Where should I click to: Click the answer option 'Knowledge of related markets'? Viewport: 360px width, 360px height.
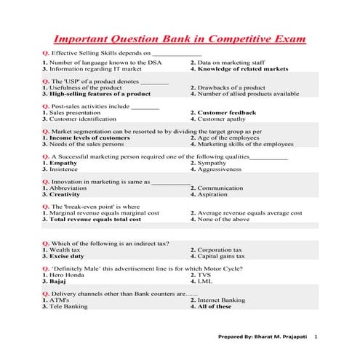click(x=244, y=70)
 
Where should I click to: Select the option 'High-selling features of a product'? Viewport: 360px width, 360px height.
click(x=100, y=94)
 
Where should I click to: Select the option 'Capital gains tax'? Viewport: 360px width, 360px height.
click(x=221, y=256)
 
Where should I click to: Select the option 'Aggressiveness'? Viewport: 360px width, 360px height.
click(x=220, y=169)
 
